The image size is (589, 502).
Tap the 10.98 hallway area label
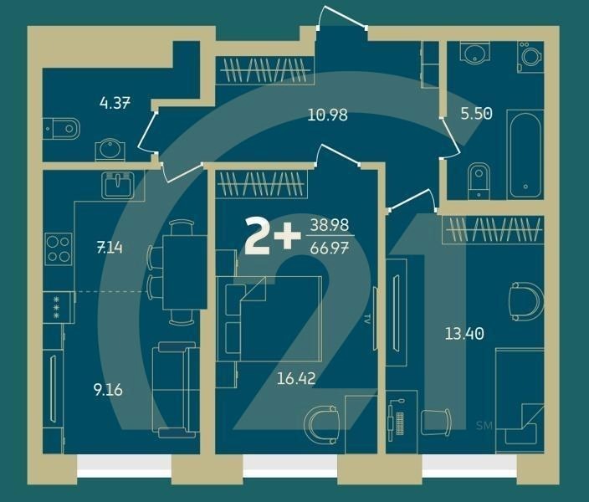327,115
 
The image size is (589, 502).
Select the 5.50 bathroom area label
476,114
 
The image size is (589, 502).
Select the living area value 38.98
329,225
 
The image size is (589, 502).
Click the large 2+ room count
271,237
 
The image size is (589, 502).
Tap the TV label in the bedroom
367,319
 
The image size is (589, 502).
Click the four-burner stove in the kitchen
58,248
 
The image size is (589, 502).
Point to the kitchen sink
118,183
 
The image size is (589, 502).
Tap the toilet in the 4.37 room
62,128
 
